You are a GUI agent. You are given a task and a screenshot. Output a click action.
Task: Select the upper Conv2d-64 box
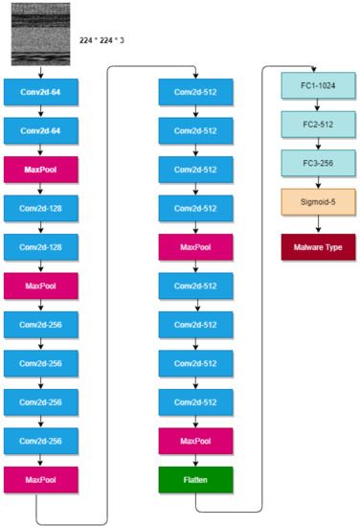pyautogui.click(x=39, y=94)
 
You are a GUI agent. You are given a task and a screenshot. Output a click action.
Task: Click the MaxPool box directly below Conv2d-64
pyautogui.click(x=39, y=170)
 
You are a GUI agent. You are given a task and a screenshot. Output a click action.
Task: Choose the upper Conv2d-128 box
pyautogui.click(x=39, y=207)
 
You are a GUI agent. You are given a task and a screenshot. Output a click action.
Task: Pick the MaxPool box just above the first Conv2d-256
pyautogui.click(x=39, y=285)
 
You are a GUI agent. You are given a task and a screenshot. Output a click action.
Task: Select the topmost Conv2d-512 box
pyautogui.click(x=194, y=94)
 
